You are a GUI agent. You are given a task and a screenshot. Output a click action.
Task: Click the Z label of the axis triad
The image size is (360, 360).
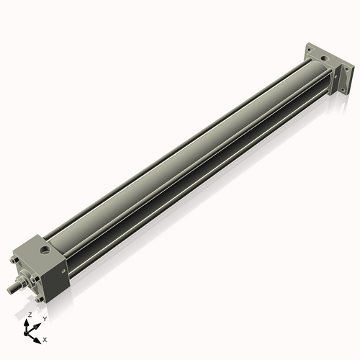pyautogui.click(x=30, y=315)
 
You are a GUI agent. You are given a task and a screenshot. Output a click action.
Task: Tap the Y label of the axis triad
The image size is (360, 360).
pyautogui.click(x=45, y=318)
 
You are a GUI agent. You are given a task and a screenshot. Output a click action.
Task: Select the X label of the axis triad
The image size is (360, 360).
pyautogui.click(x=45, y=338)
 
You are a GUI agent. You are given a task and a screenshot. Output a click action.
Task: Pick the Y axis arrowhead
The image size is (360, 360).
pyautogui.click(x=38, y=323)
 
